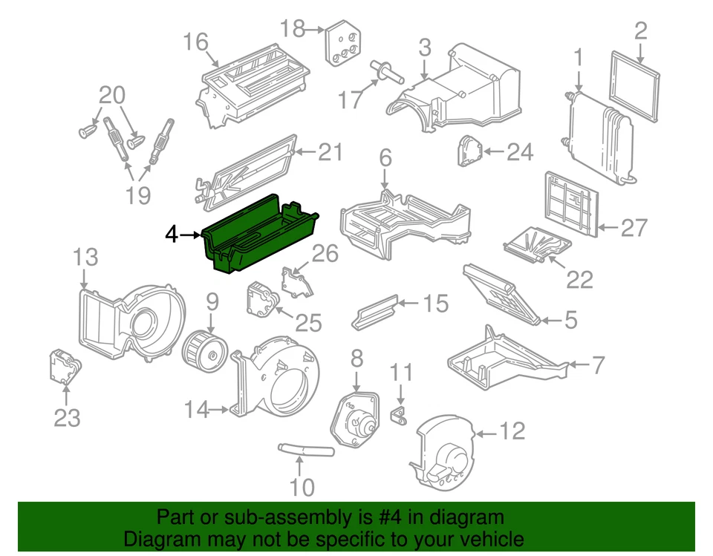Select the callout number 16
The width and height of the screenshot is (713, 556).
pos(196,42)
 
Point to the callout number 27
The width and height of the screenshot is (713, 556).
pos(634,227)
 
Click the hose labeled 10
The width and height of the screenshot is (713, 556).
pos(306,448)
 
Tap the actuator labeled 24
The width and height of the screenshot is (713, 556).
pos(467,153)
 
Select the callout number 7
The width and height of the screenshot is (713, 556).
pos(599,365)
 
